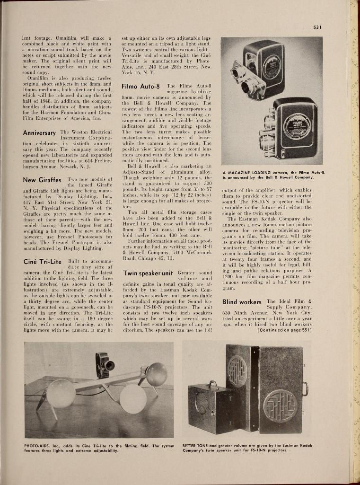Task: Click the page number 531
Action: (x=317, y=27)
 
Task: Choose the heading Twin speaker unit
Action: (x=147, y=273)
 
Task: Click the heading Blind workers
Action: (x=242, y=301)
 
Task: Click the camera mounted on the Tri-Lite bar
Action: (x=104, y=364)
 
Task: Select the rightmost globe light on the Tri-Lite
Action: (x=156, y=374)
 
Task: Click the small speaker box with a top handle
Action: (x=207, y=408)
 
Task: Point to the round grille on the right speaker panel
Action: (x=281, y=405)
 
